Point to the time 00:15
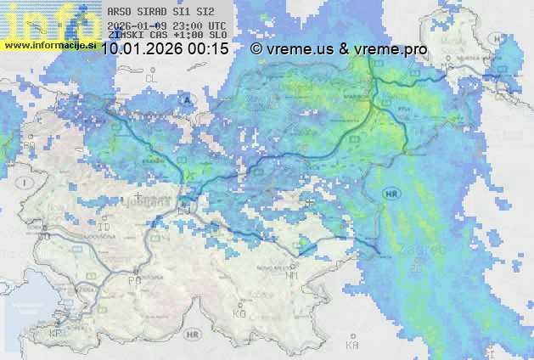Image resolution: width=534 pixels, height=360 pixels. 209,49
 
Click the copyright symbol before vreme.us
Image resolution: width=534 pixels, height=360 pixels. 256,49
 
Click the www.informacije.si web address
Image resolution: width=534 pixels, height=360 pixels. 52,45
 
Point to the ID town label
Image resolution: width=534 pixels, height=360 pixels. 105,228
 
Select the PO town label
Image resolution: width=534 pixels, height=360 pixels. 133,280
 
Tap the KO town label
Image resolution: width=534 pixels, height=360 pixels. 239,313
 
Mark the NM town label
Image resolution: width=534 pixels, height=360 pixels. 292,275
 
